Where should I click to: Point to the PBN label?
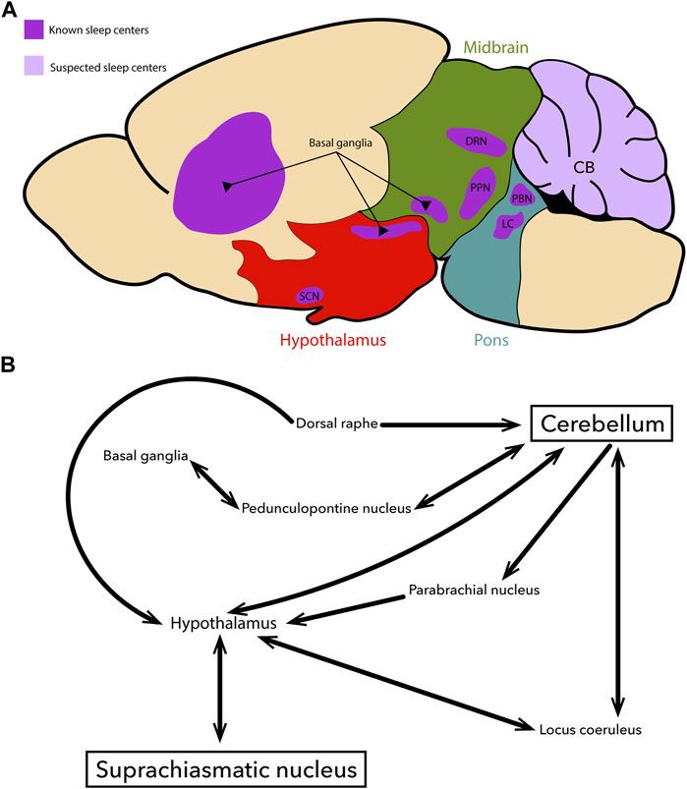pos(522,197)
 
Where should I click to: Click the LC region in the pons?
pos(508,224)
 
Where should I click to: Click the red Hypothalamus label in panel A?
pos(332,341)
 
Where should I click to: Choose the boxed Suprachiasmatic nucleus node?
pos(219,764)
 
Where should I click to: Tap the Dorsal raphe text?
pos(336,424)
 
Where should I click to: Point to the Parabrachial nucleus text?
pos(473,590)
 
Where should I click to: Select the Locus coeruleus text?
pos(590,728)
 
